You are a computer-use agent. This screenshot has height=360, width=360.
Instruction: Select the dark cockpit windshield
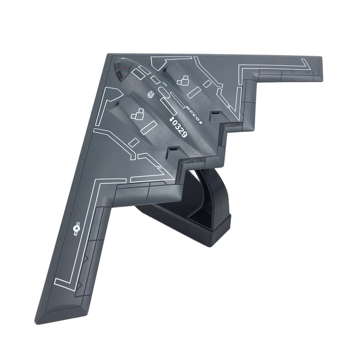point(121,68)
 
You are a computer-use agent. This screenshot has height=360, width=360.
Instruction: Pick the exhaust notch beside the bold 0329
point(174,152)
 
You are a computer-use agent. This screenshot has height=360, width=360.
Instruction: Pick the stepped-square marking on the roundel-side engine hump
point(137,114)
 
